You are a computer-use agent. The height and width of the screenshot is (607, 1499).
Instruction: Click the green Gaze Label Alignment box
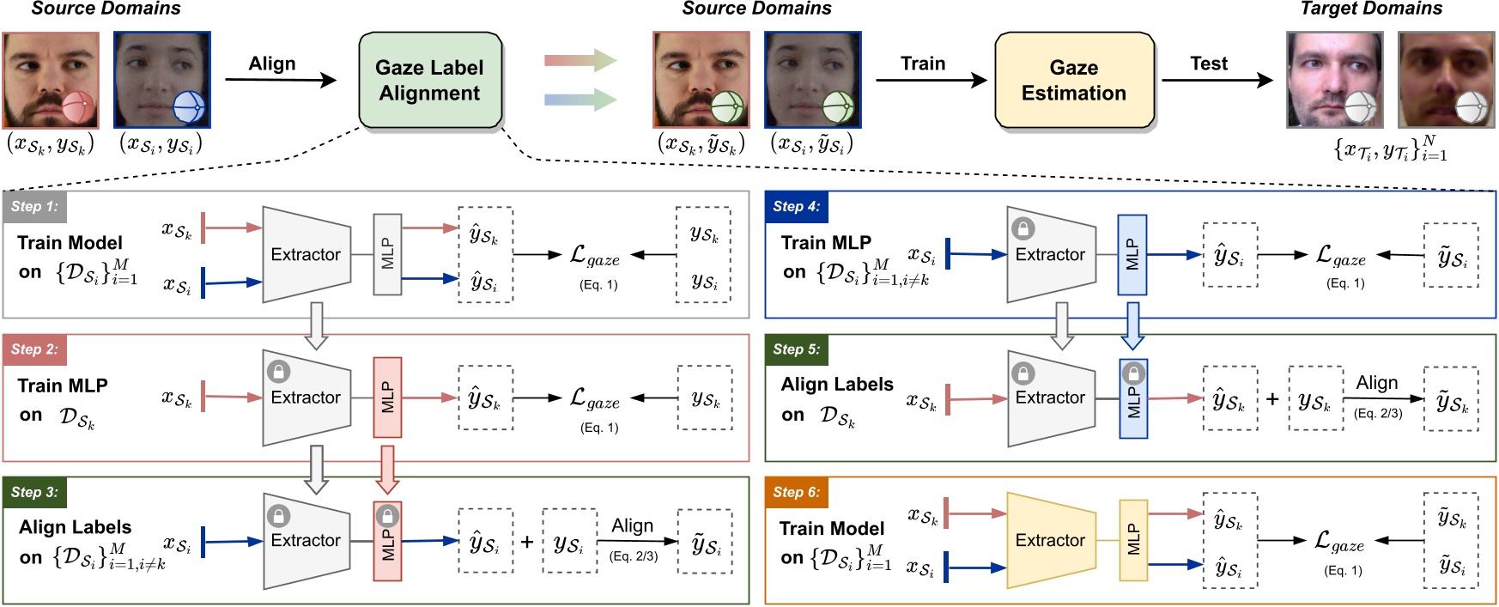click(429, 81)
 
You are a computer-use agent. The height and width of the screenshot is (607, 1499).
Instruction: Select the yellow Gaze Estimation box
click(1073, 81)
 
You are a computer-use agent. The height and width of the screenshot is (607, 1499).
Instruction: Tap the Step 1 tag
click(35, 207)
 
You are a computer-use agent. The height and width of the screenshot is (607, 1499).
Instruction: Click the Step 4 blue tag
click(796, 207)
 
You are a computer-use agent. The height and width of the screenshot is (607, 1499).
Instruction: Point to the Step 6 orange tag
click(796, 493)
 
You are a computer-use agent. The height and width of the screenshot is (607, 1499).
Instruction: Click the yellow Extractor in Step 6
click(1050, 540)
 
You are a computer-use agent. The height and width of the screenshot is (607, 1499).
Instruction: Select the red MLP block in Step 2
click(387, 398)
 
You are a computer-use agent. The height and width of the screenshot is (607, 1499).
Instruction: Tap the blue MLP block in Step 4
click(1132, 255)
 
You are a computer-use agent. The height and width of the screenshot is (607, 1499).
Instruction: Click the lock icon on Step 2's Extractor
click(278, 372)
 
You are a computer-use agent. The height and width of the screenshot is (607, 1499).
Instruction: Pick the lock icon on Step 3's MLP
click(387, 516)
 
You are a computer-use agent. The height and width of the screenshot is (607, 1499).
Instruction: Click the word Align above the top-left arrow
click(272, 64)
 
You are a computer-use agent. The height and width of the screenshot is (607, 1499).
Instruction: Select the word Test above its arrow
click(1209, 64)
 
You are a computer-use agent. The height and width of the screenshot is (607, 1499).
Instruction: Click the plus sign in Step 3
click(527, 542)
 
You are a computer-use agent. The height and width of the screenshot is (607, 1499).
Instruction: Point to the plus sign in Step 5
click(1272, 399)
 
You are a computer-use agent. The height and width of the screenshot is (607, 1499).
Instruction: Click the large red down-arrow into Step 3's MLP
click(387, 469)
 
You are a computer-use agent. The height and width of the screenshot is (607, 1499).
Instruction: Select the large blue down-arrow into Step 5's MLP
click(1132, 325)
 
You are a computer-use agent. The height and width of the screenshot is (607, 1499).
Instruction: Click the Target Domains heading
click(1371, 9)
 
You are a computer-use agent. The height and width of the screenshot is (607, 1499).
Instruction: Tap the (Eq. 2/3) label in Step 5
click(1378, 414)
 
